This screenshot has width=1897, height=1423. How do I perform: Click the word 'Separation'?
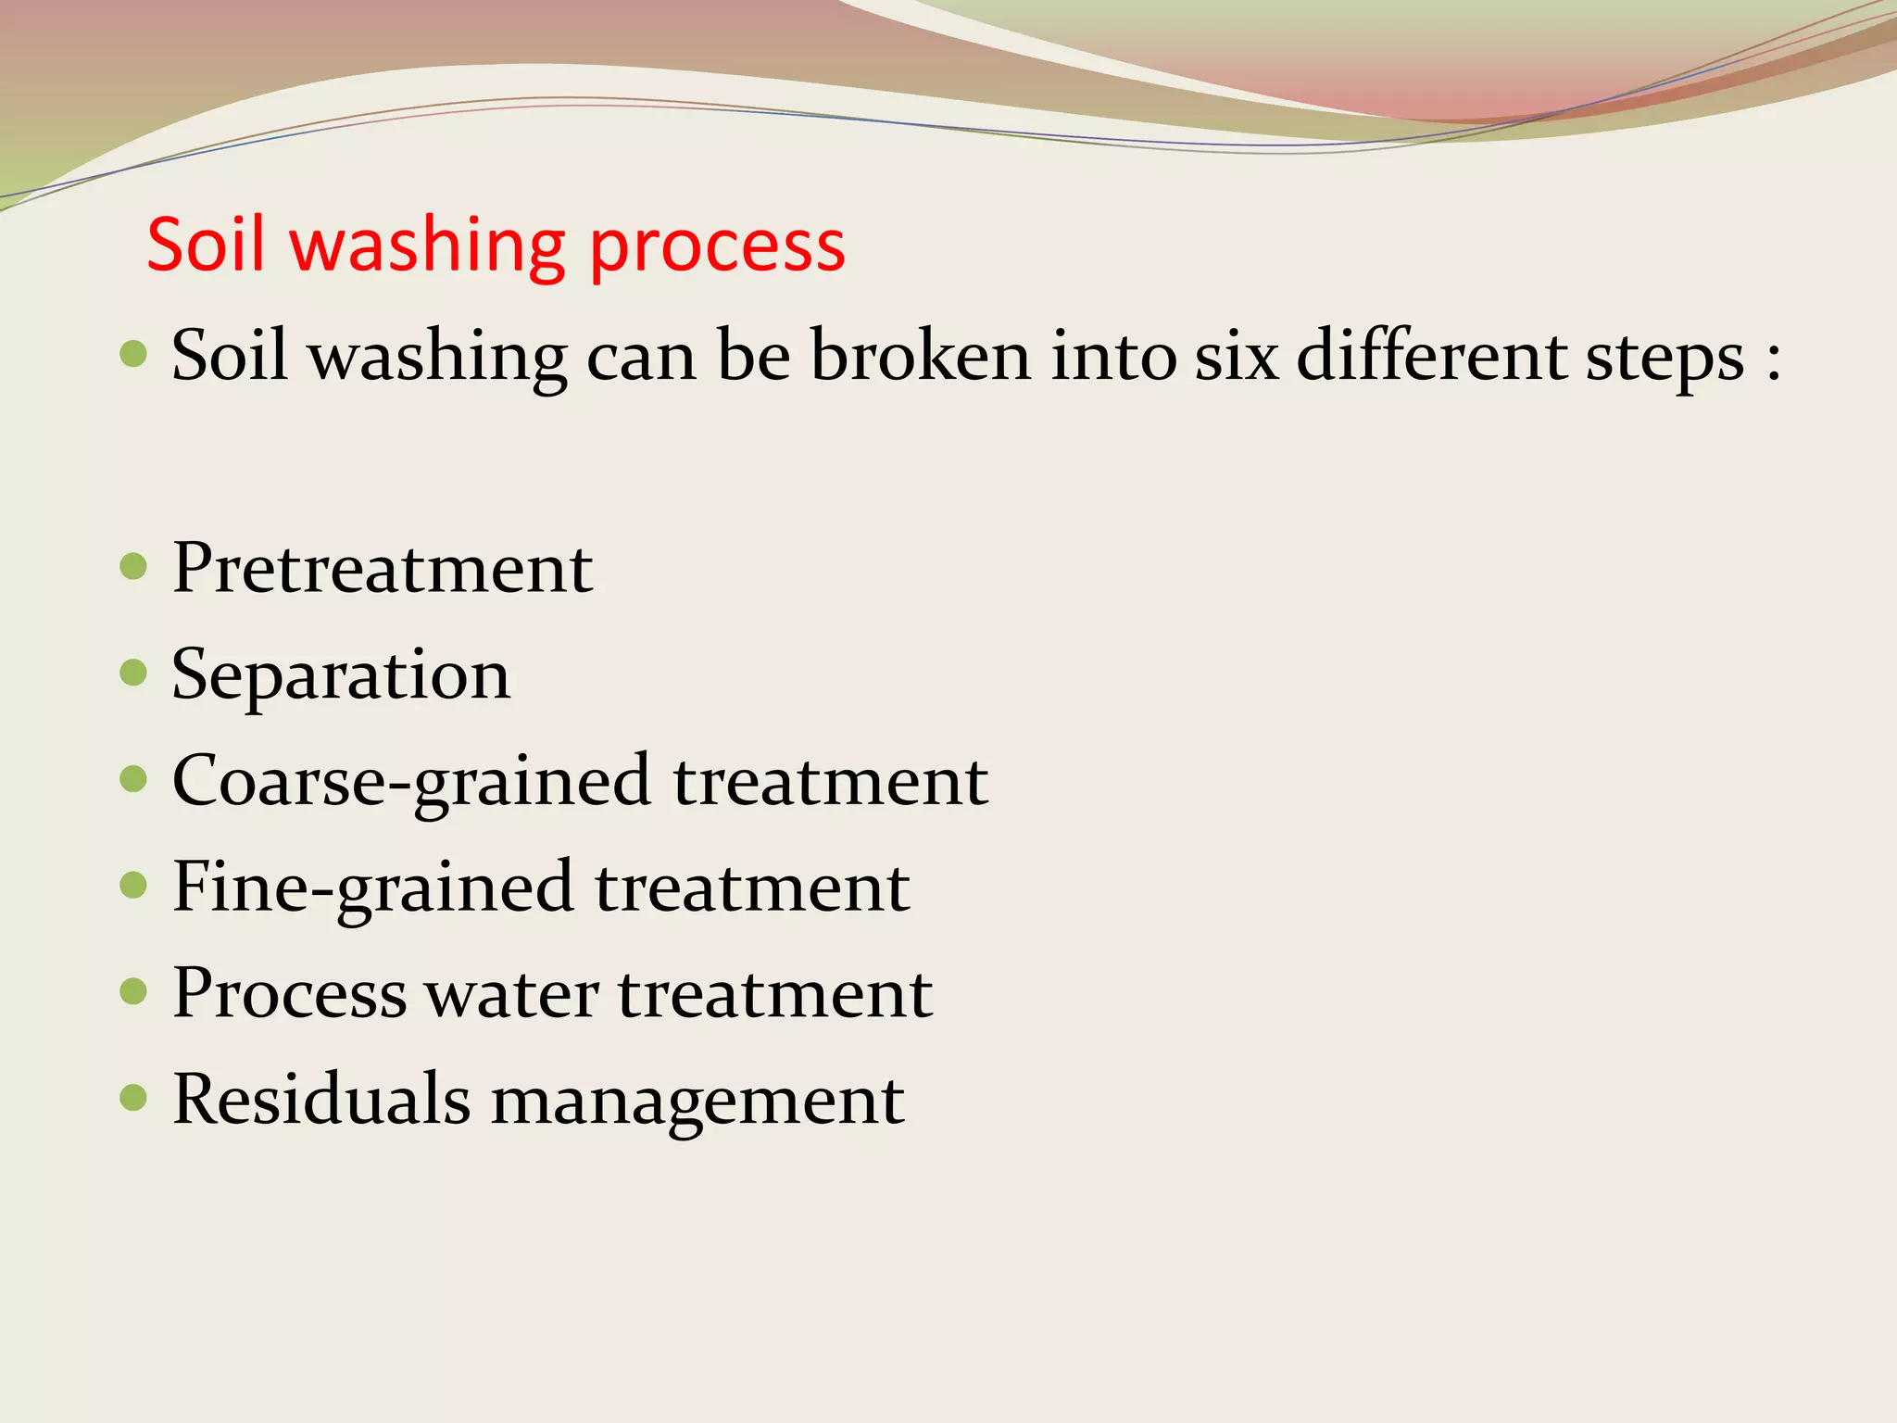(341, 674)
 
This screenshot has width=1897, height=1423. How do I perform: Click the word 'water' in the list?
(511, 993)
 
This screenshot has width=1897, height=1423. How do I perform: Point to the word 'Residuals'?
(321, 1099)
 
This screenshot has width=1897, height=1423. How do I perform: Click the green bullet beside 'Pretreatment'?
(134, 566)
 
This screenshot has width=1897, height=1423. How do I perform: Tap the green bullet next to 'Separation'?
(134, 673)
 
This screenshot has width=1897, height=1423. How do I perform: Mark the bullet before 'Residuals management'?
(134, 1098)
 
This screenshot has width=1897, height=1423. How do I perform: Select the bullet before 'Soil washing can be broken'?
(134, 353)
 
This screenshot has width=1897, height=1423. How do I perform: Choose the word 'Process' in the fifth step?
(289, 993)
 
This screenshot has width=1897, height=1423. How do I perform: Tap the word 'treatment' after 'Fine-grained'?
(751, 888)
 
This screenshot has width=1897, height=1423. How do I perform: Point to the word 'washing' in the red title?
(427, 246)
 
